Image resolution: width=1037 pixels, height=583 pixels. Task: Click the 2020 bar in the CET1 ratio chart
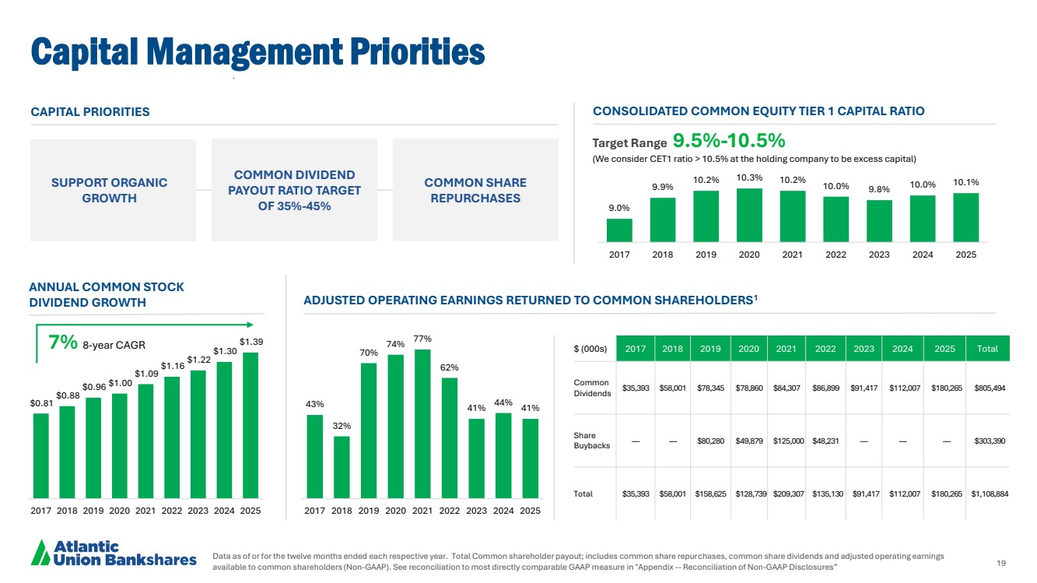click(x=748, y=215)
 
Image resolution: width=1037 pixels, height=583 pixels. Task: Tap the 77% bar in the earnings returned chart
click(x=422, y=423)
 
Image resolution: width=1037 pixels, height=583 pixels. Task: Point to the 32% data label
click(x=342, y=426)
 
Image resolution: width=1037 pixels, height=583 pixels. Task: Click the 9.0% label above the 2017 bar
click(x=619, y=208)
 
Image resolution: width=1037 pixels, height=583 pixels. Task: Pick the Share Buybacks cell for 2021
click(x=787, y=441)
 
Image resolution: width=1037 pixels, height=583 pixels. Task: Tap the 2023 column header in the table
click(x=864, y=349)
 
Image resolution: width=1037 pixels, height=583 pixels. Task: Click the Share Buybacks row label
click(x=585, y=441)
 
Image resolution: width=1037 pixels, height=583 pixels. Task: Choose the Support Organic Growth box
click(x=110, y=190)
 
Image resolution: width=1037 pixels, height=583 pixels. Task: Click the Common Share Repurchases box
click(x=475, y=190)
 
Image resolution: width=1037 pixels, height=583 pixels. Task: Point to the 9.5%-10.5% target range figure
click(x=728, y=141)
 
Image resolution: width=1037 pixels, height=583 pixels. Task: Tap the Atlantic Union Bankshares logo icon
click(x=40, y=553)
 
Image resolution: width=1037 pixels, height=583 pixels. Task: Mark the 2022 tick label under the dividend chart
click(x=171, y=511)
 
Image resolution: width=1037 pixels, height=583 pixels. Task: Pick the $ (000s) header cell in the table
click(x=590, y=349)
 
